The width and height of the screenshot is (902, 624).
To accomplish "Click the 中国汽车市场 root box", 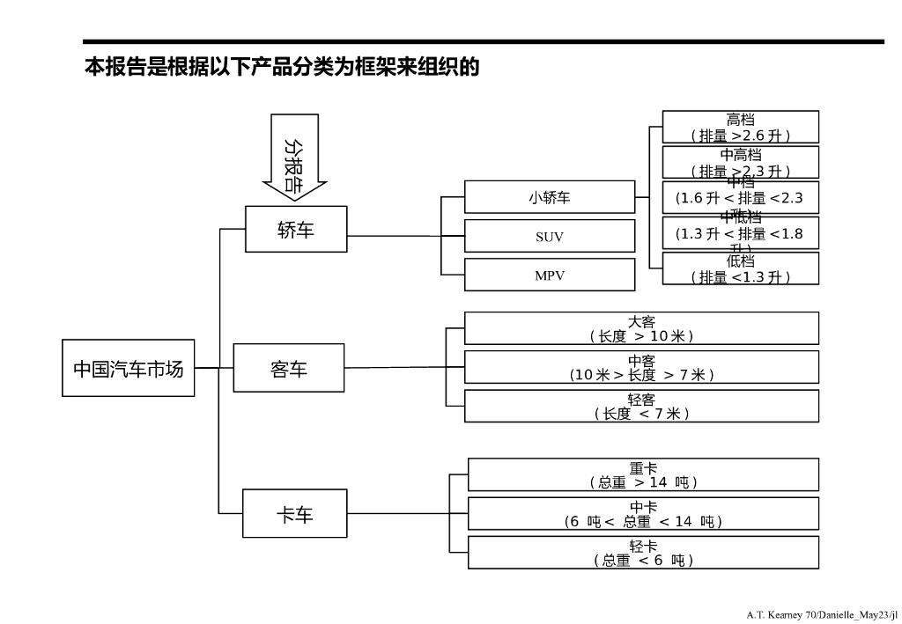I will click(x=128, y=368).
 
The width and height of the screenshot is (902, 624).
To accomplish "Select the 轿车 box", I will click(x=296, y=230).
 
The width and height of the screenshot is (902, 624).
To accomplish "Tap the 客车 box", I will click(x=288, y=368).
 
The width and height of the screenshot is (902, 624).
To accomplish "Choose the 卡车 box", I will click(x=295, y=513).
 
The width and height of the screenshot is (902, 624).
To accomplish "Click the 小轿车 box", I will click(x=549, y=197).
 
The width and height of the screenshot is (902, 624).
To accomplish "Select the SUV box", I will click(x=549, y=236).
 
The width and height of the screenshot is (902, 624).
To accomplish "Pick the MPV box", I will click(x=549, y=275).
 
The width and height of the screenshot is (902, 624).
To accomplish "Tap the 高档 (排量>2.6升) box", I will click(x=740, y=127).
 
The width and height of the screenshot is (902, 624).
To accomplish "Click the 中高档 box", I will click(x=740, y=162).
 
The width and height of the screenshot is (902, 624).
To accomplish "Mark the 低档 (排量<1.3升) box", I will click(x=740, y=268).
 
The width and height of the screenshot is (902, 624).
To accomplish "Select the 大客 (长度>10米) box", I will click(x=641, y=328).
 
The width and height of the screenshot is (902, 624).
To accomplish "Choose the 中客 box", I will click(x=641, y=367).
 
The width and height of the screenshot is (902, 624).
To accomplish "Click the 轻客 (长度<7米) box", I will click(x=641, y=406).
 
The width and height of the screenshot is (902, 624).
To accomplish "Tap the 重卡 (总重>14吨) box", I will click(x=643, y=474).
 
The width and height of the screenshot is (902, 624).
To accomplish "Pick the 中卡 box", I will click(x=643, y=513).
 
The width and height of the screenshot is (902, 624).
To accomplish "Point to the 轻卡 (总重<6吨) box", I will click(x=643, y=552).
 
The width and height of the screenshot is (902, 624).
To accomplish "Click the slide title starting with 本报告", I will click(x=282, y=67).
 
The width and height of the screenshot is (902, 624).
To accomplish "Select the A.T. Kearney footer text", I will click(x=821, y=613).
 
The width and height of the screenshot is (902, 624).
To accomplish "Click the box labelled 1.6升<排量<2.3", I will click(x=740, y=197).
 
